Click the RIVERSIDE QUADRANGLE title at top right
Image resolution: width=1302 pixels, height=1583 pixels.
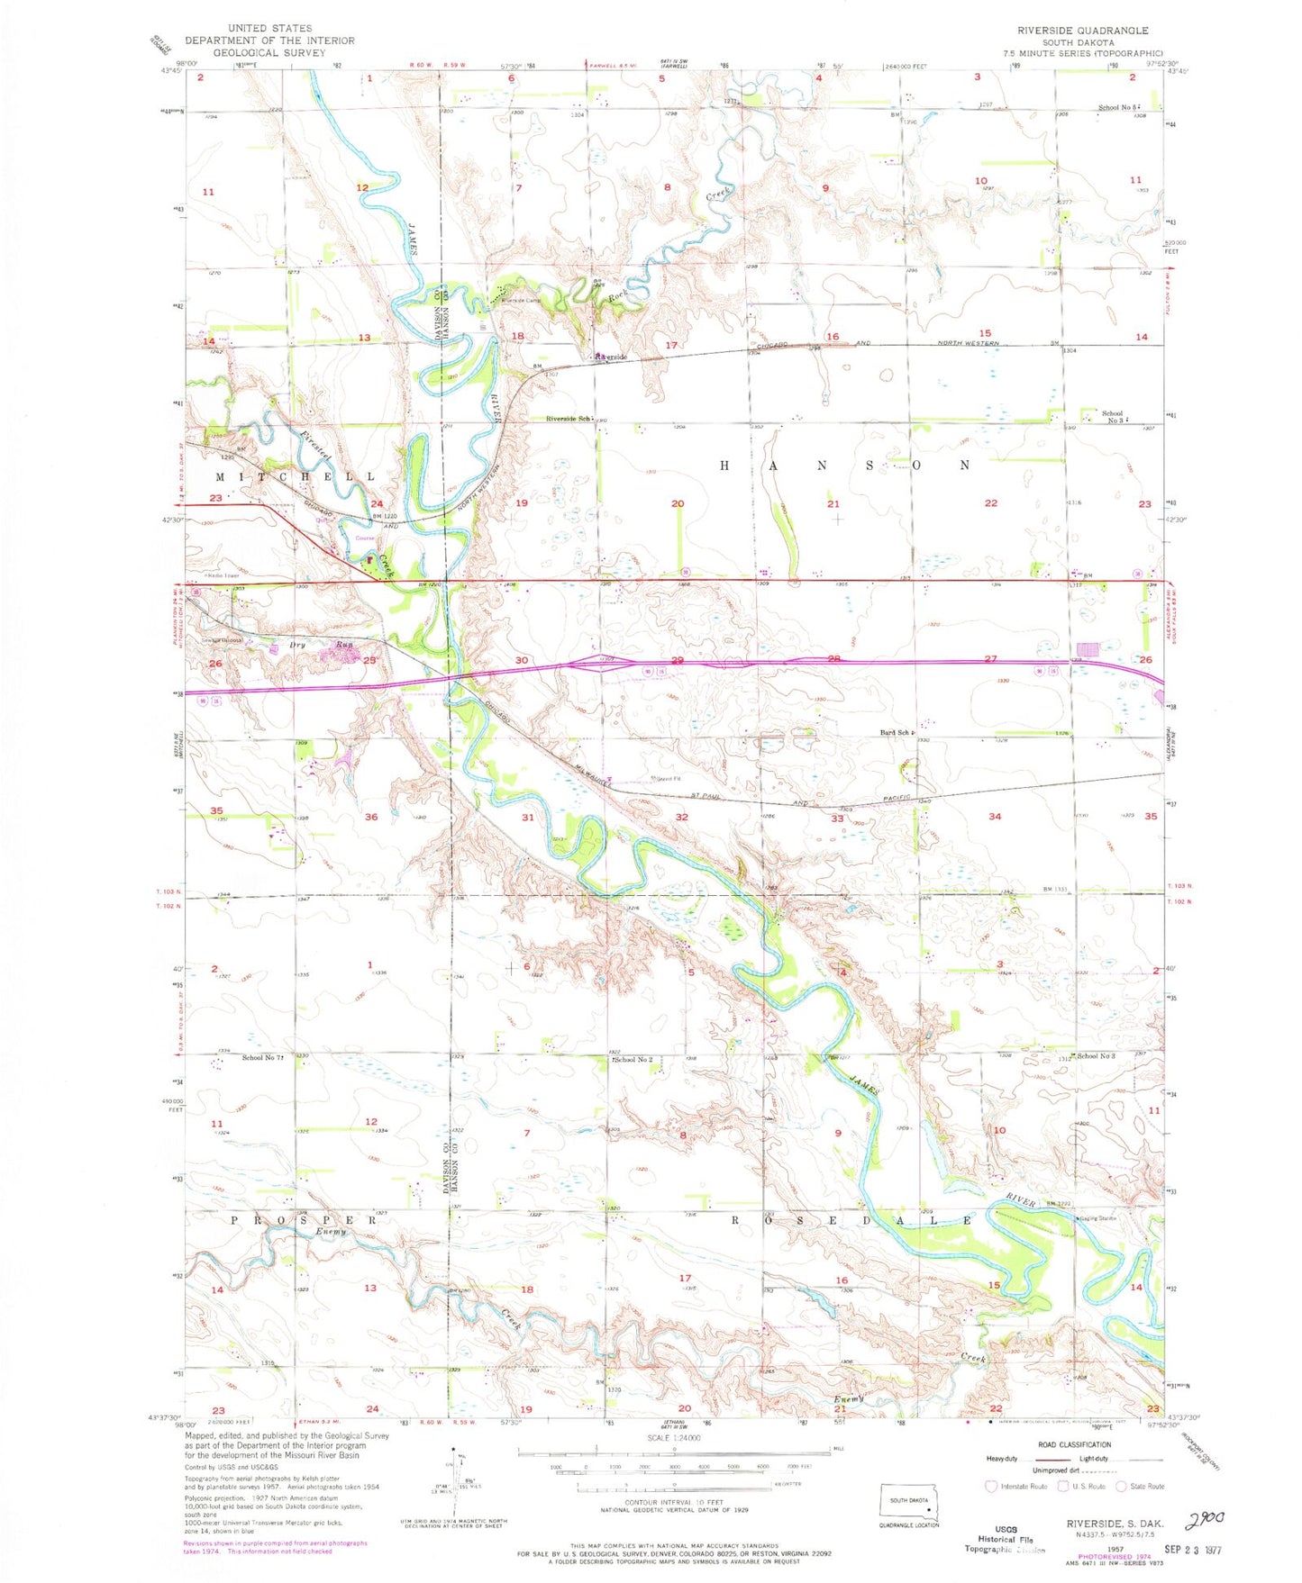point(1082,30)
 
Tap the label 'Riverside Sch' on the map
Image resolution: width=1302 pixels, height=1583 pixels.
point(569,419)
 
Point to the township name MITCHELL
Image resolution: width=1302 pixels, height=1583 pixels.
point(295,476)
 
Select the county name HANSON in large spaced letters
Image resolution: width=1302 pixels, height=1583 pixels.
point(845,466)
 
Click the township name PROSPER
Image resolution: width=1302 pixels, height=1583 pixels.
point(305,1220)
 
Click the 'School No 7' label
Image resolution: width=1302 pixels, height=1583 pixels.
point(262,1057)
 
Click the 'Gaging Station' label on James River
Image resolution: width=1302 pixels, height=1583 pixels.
point(1097,1218)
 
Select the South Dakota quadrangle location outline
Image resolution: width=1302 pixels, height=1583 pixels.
point(908,1506)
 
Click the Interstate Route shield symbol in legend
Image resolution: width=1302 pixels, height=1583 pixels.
point(992,1486)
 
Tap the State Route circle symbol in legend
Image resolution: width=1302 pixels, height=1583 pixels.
point(1122,1486)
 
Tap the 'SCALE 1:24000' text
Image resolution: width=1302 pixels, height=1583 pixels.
point(673,1438)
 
